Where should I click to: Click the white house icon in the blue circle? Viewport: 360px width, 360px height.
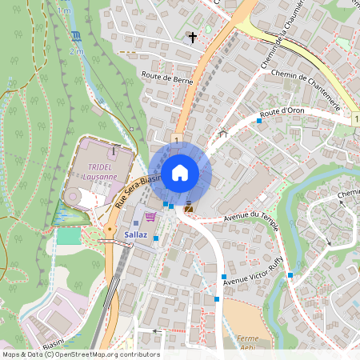[x=179, y=172]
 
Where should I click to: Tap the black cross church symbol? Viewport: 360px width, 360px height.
[x=192, y=37]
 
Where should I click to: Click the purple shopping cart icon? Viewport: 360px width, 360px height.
[x=150, y=218]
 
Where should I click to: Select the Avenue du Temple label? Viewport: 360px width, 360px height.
[x=254, y=217]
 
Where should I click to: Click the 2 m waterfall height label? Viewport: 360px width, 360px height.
[x=76, y=51]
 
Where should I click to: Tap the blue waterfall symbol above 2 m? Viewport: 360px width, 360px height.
[x=76, y=37]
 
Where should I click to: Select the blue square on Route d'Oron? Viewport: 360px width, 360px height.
[x=259, y=121]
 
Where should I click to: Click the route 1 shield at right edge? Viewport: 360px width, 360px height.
[x=355, y=118]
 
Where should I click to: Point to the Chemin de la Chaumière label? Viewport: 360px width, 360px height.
[x=277, y=36]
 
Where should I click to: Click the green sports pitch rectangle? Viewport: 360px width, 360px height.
[x=69, y=237]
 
